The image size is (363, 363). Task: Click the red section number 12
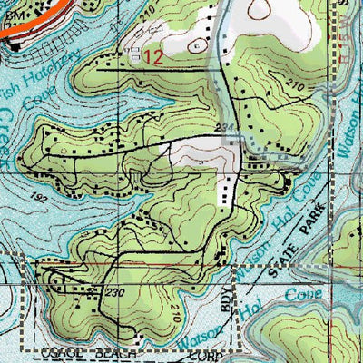(x=153, y=56)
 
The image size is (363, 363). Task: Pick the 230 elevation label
(x=113, y=292)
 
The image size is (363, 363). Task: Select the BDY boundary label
(x=226, y=299)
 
